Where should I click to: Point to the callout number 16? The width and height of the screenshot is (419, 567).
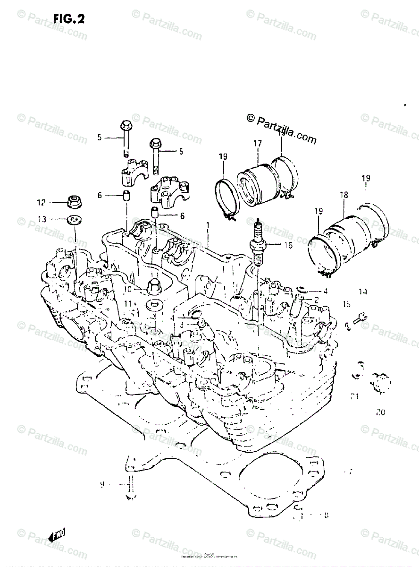click(287, 245)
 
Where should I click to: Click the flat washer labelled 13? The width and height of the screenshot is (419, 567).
click(73, 220)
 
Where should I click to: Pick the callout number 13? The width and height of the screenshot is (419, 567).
click(42, 219)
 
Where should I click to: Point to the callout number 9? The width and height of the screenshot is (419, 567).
click(102, 485)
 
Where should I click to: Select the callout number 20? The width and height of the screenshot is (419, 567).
click(380, 412)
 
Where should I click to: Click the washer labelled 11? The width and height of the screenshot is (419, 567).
click(150, 304)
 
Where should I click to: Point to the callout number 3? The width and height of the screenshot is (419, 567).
click(181, 324)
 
